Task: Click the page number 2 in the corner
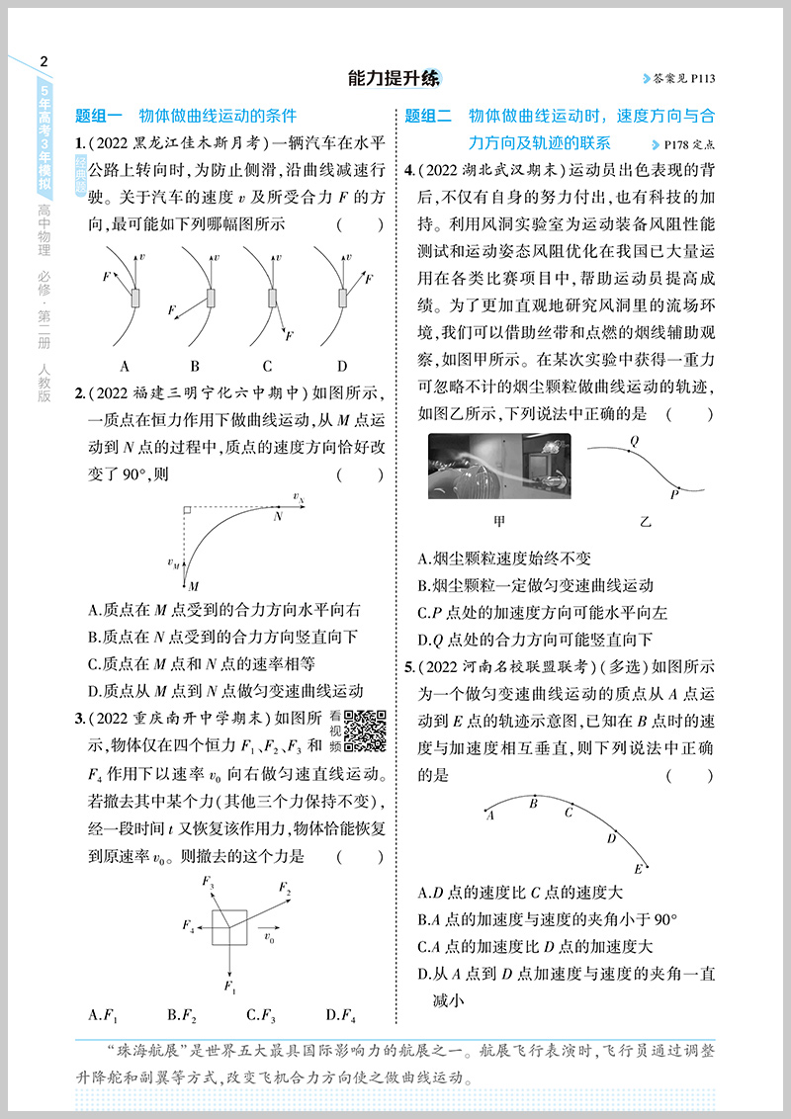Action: (x=42, y=61)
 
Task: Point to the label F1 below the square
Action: (x=229, y=986)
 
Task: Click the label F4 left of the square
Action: (x=188, y=926)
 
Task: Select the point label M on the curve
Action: (x=194, y=586)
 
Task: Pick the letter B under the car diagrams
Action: (x=195, y=365)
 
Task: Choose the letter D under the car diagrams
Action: (x=342, y=365)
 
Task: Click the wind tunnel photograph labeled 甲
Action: (x=498, y=469)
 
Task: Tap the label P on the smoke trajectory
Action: (x=674, y=493)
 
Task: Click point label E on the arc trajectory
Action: (x=639, y=869)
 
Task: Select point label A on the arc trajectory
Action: (x=489, y=816)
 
